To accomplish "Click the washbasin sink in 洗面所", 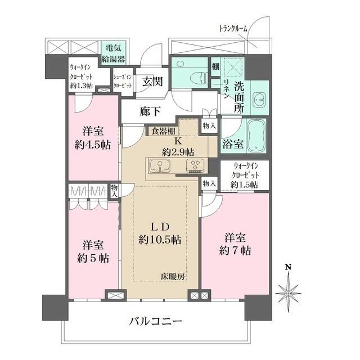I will (x=259, y=100).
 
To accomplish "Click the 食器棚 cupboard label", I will (x=162, y=131).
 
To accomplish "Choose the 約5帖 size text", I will (x=93, y=258).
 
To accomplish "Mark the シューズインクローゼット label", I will (x=123, y=82).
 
